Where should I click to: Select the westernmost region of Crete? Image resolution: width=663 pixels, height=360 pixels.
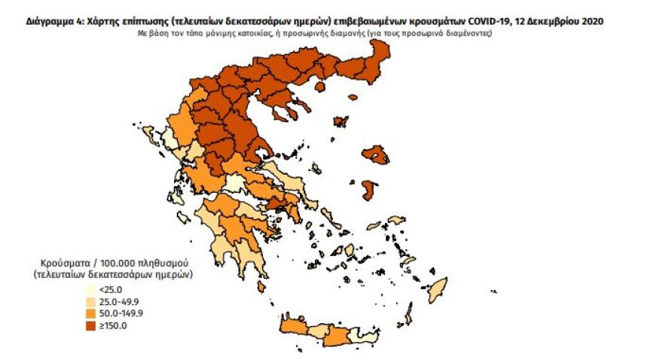coord(293,326)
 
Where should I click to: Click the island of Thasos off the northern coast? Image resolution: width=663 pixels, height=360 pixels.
coord(319,87)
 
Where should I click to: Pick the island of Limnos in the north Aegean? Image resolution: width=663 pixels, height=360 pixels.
coord(341,121)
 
